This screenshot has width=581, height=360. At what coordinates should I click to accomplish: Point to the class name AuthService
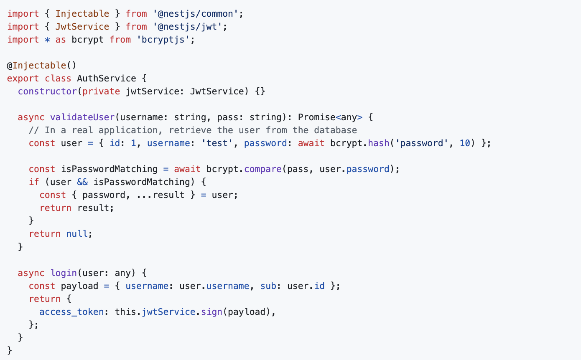(107, 79)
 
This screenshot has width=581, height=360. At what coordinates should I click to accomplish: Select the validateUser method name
(82, 117)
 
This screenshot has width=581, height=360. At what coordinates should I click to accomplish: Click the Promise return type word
(316, 117)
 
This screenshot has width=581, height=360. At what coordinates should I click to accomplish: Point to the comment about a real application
(193, 130)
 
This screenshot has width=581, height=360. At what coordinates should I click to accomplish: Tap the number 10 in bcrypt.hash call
(465, 143)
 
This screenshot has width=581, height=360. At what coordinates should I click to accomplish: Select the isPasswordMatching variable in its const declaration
(109, 169)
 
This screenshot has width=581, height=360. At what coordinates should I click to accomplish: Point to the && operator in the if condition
(82, 182)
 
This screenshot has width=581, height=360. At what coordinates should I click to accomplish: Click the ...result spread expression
(161, 195)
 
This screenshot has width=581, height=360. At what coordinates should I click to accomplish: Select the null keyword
(77, 234)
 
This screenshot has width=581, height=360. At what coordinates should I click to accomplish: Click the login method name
(64, 273)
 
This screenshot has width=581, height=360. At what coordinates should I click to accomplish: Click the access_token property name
(71, 312)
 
